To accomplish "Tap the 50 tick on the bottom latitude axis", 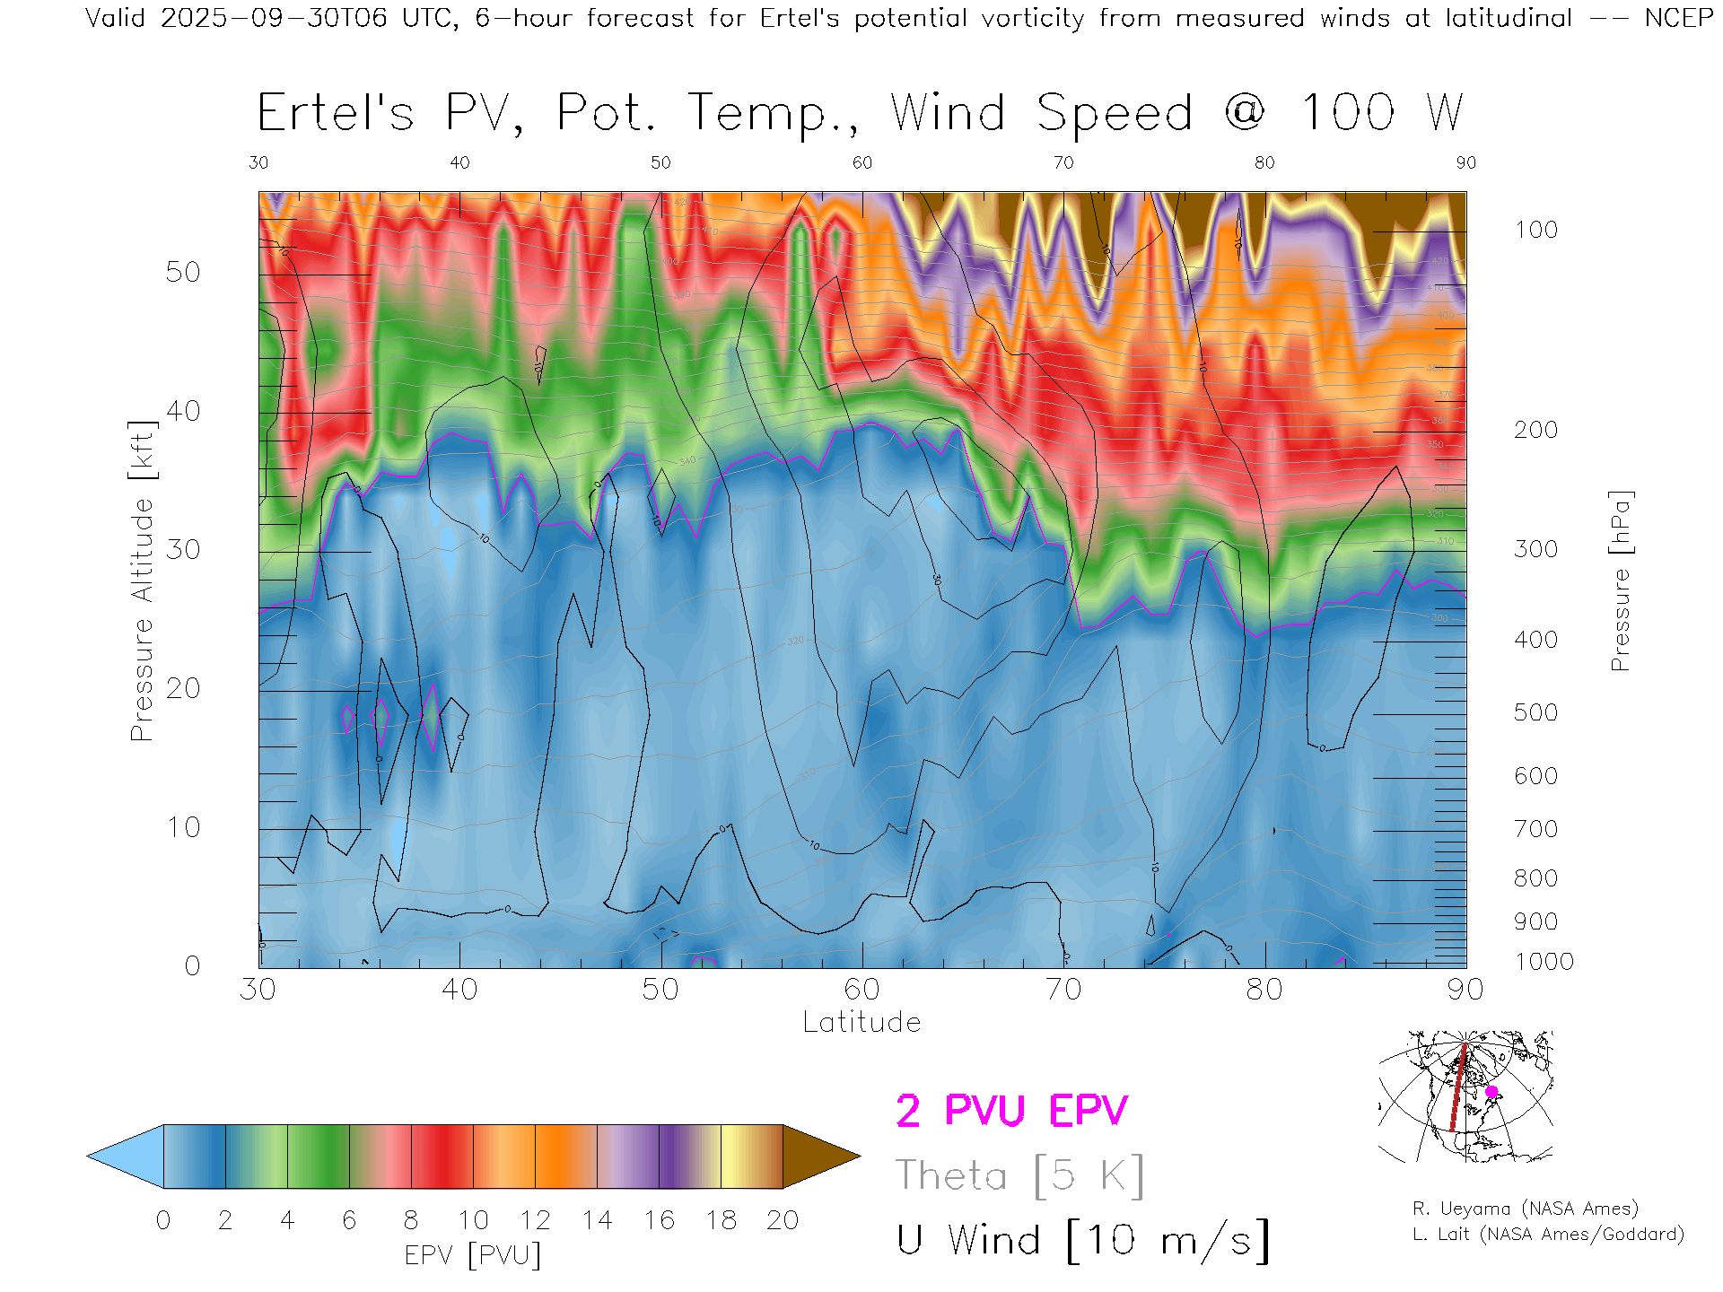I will pyautogui.click(x=660, y=990).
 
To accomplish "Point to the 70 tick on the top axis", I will pyautogui.click(x=1063, y=162).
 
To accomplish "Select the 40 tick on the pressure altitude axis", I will pyautogui.click(x=183, y=411).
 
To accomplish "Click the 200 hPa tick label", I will pyautogui.click(x=1535, y=430).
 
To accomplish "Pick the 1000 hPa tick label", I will pyautogui.click(x=1544, y=962).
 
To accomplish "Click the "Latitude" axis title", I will pyautogui.click(x=861, y=1023).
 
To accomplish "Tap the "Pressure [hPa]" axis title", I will pyautogui.click(x=1620, y=581).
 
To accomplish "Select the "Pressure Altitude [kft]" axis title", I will pyautogui.click(x=142, y=581).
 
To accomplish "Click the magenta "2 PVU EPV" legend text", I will pyautogui.click(x=1011, y=1111).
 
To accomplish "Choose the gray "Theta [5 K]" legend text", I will pyautogui.click(x=1019, y=1175).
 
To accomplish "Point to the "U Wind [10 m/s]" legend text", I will pyautogui.click(x=1082, y=1241).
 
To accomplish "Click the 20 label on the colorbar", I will pyautogui.click(x=783, y=1220).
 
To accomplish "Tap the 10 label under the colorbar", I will pyautogui.click(x=473, y=1220).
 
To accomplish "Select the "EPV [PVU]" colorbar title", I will pyautogui.click(x=473, y=1255).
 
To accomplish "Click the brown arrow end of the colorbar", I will pyautogui.click(x=818, y=1157).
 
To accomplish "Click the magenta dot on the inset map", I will pyautogui.click(x=1491, y=1092).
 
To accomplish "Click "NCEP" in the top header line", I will pyautogui.click(x=1678, y=18).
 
